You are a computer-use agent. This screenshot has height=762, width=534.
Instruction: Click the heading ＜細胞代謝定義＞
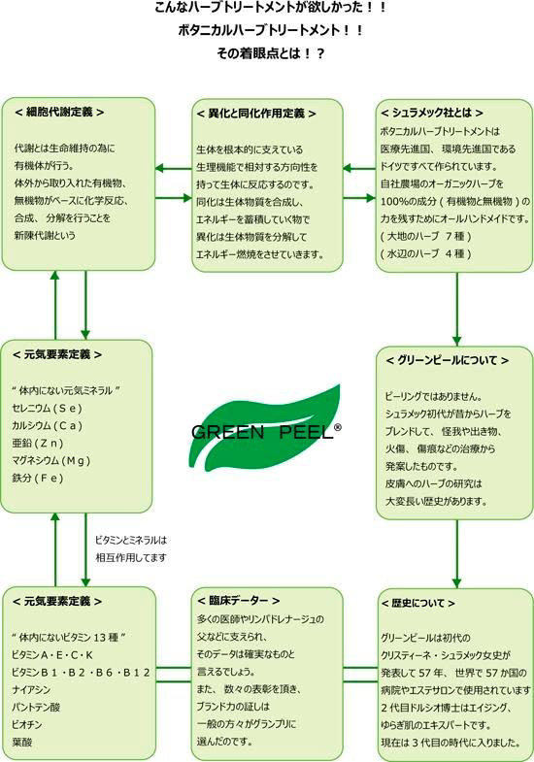(59, 113)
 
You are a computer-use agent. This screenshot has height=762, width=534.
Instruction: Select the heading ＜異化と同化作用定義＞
(256, 114)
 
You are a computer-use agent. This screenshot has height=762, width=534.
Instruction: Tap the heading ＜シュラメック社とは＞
(431, 113)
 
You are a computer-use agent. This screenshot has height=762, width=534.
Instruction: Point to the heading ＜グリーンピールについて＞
(447, 360)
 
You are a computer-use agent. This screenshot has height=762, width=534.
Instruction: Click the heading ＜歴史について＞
(417, 603)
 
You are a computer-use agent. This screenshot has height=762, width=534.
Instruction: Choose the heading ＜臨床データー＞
(238, 601)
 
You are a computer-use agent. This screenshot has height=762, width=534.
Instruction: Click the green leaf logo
(265, 428)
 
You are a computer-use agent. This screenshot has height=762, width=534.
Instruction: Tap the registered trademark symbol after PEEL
(337, 427)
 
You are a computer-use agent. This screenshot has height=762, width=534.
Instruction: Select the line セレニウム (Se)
(48, 409)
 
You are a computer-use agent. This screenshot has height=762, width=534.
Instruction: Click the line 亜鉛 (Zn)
(38, 444)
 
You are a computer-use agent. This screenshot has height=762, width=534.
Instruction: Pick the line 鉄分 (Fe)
(38, 479)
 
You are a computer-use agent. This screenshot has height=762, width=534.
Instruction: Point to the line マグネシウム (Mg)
(51, 461)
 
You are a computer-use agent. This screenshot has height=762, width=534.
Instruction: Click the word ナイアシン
(31, 690)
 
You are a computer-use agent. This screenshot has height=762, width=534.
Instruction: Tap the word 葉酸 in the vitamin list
(22, 743)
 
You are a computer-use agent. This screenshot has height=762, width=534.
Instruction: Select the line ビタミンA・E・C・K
(52, 655)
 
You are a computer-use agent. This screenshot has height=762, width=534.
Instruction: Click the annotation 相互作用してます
(131, 557)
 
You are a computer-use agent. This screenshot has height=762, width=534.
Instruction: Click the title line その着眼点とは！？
(271, 53)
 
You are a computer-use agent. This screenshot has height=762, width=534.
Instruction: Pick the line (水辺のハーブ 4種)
(425, 253)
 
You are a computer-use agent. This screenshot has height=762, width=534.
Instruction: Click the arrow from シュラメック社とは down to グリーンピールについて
(456, 309)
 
